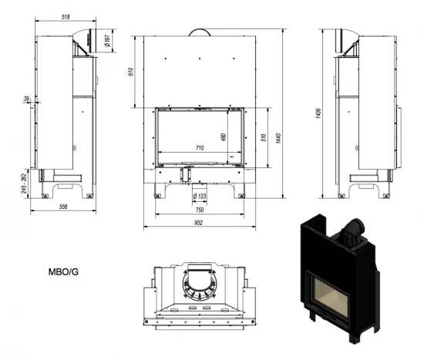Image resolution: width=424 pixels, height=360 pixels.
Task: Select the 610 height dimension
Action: tap(132, 72)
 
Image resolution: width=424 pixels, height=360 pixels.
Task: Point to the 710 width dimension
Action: tap(199, 146)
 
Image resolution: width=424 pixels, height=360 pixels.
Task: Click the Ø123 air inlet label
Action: tap(200, 198)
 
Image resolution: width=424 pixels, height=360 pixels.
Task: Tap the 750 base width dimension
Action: tap(199, 212)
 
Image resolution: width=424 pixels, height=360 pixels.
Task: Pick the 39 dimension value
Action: tap(26, 98)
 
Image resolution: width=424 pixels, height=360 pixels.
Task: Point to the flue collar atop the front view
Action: tap(199, 30)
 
